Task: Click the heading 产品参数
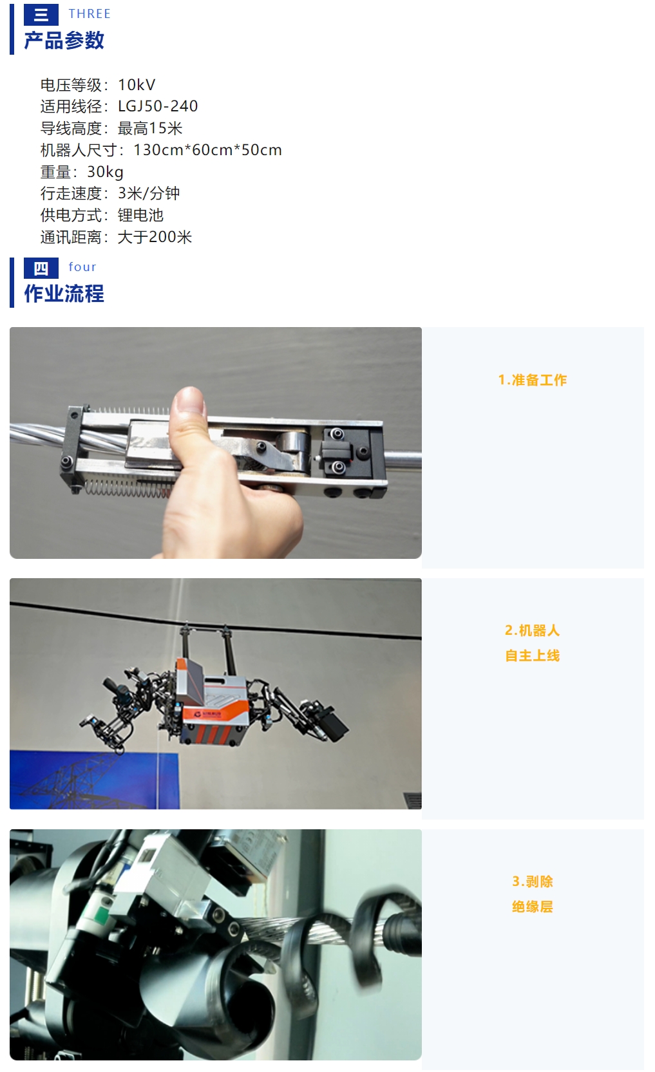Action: point(64,41)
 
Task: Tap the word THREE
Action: point(90,14)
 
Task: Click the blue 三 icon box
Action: point(41,14)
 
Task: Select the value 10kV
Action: point(137,85)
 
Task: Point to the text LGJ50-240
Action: point(158,106)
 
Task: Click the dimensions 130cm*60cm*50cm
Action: point(207,150)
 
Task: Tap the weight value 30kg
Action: point(105,172)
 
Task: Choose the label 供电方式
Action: point(71,215)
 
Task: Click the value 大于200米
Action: point(155,237)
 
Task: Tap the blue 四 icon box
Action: point(41,268)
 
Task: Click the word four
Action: point(82,267)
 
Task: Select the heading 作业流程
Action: point(64,294)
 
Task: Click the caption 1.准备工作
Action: point(533,380)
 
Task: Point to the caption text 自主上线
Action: point(533,655)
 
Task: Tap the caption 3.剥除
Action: point(533,881)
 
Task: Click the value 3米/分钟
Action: point(149,193)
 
